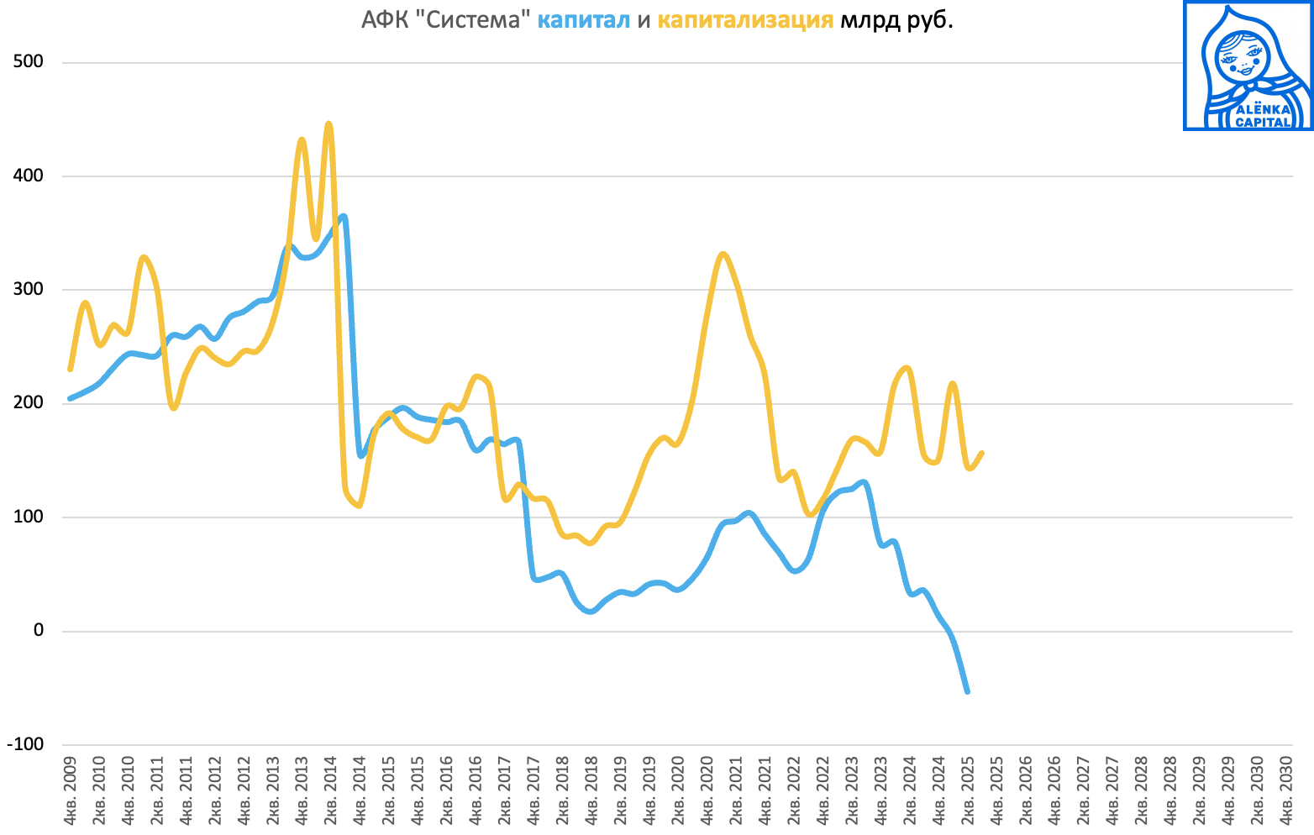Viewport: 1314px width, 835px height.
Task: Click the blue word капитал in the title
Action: pos(583,20)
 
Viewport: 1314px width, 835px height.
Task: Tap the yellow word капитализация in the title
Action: pos(745,20)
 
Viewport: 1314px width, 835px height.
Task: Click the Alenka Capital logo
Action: pos(1248,66)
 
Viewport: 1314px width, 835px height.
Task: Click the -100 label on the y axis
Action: pos(25,744)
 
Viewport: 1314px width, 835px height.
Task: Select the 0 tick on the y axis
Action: pos(38,631)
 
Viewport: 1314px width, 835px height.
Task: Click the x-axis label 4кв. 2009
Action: pos(71,790)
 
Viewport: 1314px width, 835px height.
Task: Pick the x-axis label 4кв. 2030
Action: pos(1285,790)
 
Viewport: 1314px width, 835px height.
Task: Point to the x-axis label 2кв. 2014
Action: pos(330,790)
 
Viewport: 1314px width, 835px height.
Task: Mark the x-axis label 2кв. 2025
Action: pos(966,790)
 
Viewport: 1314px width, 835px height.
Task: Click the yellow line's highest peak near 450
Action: pos(328,124)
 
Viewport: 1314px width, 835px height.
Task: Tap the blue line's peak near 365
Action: pos(343,217)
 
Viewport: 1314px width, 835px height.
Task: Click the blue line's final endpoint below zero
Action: pos(967,691)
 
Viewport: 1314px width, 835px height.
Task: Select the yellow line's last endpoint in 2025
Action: pos(981,453)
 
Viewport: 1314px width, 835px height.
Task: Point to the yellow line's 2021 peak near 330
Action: pos(723,254)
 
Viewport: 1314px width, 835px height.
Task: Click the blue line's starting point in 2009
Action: pos(70,398)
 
